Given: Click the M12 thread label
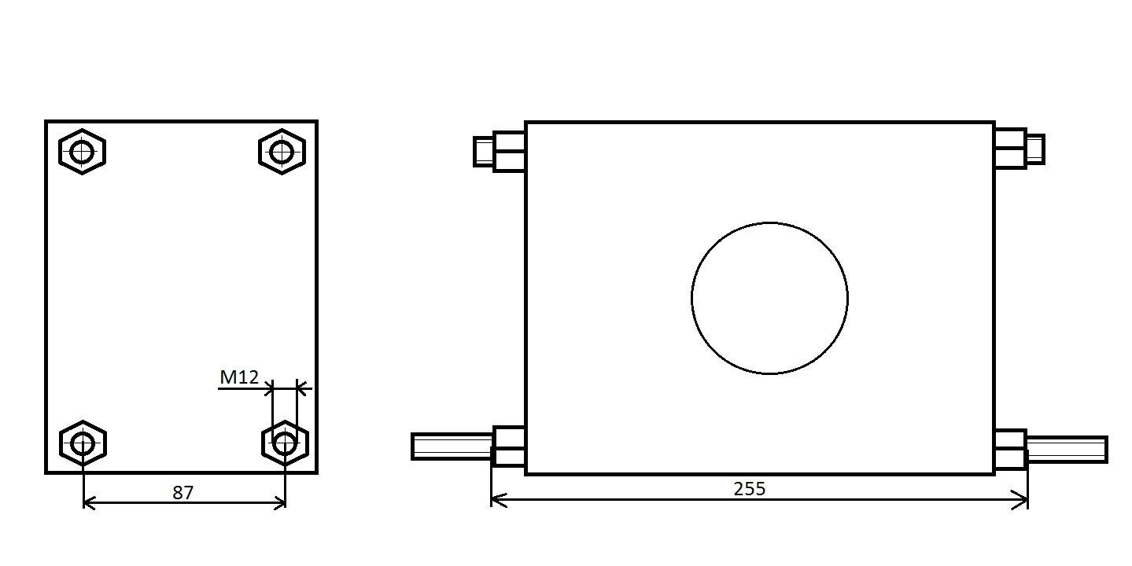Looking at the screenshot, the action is coord(239,377).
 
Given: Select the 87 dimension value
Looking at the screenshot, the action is coord(183,493).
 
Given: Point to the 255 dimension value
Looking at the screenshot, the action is coord(750,489).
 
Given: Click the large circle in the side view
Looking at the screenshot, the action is coord(691,298).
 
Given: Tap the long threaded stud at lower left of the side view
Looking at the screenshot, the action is coord(452,447).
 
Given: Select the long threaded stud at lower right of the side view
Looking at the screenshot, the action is coord(1067,450).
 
